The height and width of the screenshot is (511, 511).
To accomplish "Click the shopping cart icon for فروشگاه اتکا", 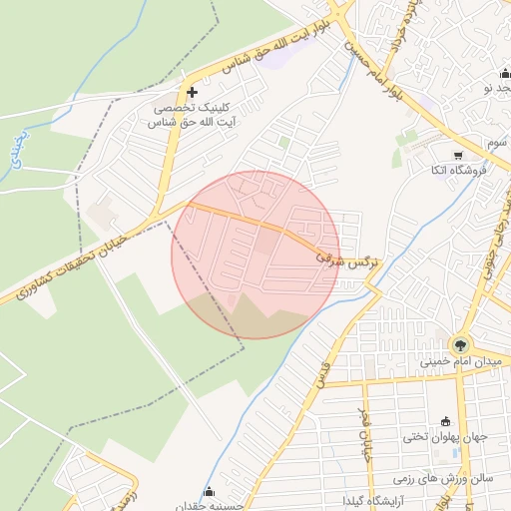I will point(458,155).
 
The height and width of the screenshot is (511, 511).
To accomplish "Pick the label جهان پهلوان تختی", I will point(443,436).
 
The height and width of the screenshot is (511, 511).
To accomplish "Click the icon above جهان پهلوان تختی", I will point(445,420).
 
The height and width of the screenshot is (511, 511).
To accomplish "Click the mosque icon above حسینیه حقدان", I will point(209,491).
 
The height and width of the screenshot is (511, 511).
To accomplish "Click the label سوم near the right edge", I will point(497,144).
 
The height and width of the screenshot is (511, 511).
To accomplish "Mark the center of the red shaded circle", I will point(255,255).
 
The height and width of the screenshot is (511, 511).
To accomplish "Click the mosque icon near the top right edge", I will point(504,75).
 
